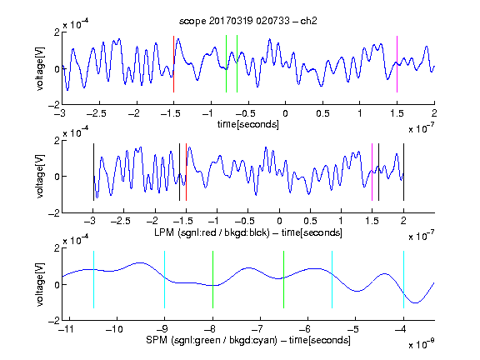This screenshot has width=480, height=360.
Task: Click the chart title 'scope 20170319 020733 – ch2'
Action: coord(248,21)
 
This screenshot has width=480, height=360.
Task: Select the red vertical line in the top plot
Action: coord(173,64)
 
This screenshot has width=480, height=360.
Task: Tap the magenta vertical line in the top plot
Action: coord(397,64)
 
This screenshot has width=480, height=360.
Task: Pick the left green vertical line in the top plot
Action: coord(226,63)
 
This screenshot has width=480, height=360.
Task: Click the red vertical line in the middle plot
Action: coord(186,172)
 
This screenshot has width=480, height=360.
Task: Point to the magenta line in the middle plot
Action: coord(372,172)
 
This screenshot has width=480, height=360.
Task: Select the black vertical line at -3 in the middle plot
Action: coord(93,172)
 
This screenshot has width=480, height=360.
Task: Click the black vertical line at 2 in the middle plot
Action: coord(403,172)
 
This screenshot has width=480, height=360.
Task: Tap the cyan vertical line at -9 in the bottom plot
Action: coord(164,279)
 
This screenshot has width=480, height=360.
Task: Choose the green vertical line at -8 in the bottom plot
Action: coord(212,279)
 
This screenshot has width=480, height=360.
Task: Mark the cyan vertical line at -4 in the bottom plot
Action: coord(403,279)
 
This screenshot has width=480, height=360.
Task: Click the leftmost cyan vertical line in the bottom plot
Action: coord(93,279)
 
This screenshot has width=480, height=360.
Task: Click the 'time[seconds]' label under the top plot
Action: coord(248,124)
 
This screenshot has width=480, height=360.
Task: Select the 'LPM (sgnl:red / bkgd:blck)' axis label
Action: coord(212,232)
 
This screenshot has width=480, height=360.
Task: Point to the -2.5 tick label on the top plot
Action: coord(96,113)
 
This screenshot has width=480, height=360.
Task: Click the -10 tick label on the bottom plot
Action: coord(114,329)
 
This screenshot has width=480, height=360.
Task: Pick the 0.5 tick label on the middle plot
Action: coord(310,221)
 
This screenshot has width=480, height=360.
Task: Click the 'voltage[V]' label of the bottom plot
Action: coord(40,284)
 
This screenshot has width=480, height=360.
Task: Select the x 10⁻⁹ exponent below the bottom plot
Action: coord(422,344)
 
